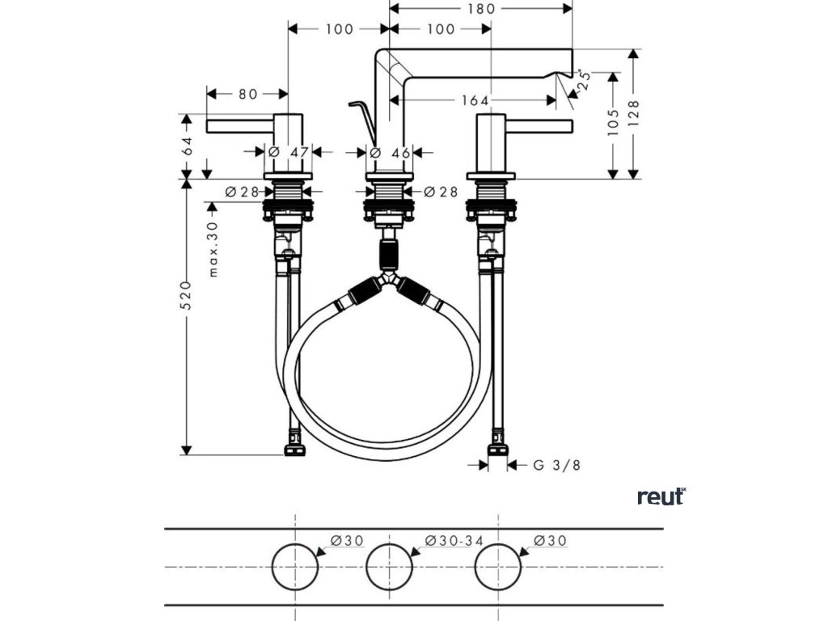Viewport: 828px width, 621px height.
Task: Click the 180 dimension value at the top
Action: pos(481,9)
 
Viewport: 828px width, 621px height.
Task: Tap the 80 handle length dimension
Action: pos(247,94)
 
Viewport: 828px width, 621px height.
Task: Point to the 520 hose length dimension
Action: pos(186,296)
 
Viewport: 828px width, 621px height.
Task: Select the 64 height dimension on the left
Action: pos(188,146)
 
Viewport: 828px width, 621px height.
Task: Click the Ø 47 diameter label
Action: pos(289,152)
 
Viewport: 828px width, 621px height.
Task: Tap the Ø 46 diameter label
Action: pos(391,152)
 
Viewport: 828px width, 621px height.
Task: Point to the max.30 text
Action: pos(213,249)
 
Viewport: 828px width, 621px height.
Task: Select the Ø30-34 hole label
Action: pos(449,540)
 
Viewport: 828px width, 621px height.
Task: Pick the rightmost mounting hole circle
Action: pos(498,567)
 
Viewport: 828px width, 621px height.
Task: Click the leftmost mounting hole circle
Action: pos(295,567)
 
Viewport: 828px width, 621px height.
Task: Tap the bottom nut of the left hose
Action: pos(294,446)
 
